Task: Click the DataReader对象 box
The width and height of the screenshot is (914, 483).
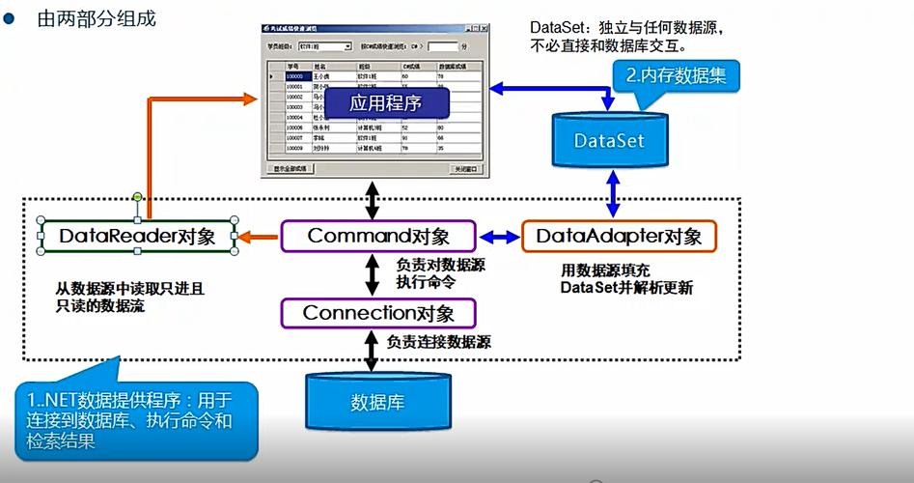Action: (137, 236)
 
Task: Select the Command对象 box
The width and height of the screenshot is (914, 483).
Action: (378, 236)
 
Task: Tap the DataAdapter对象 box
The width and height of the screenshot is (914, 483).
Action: (619, 236)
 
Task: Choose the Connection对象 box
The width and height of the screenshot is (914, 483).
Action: (378, 313)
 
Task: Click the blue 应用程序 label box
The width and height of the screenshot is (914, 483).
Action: (373, 101)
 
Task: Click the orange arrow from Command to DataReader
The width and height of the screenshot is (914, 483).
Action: (259, 236)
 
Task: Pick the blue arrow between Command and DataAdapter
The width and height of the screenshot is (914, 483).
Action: (499, 236)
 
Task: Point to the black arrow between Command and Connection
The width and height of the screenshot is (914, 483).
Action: (373, 274)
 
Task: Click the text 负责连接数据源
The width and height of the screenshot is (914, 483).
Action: (438, 342)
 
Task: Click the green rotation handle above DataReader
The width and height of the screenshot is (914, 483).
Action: (138, 197)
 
